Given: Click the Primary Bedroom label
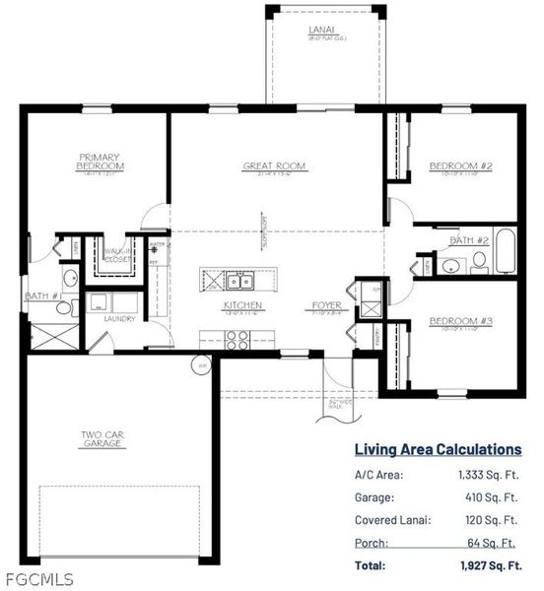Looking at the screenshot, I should click(x=100, y=161).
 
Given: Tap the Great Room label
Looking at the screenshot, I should click(x=274, y=165).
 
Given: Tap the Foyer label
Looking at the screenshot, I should click(x=327, y=305).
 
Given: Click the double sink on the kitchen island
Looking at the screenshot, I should click(x=239, y=279).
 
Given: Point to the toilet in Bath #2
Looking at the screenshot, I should click(x=478, y=261).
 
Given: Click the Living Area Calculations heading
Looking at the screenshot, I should click(x=438, y=449).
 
